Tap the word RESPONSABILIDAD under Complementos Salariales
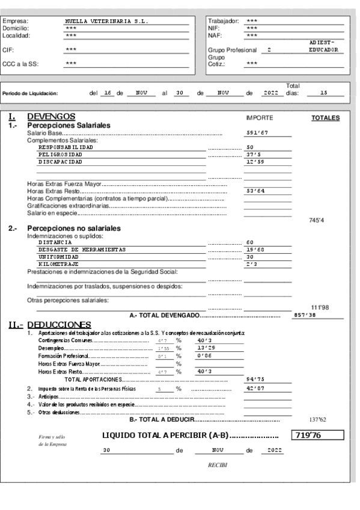(x=66, y=147)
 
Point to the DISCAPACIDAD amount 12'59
(x=254, y=162)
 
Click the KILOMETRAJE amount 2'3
(x=252, y=264)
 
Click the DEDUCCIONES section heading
(x=59, y=325)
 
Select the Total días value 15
(x=323, y=93)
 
